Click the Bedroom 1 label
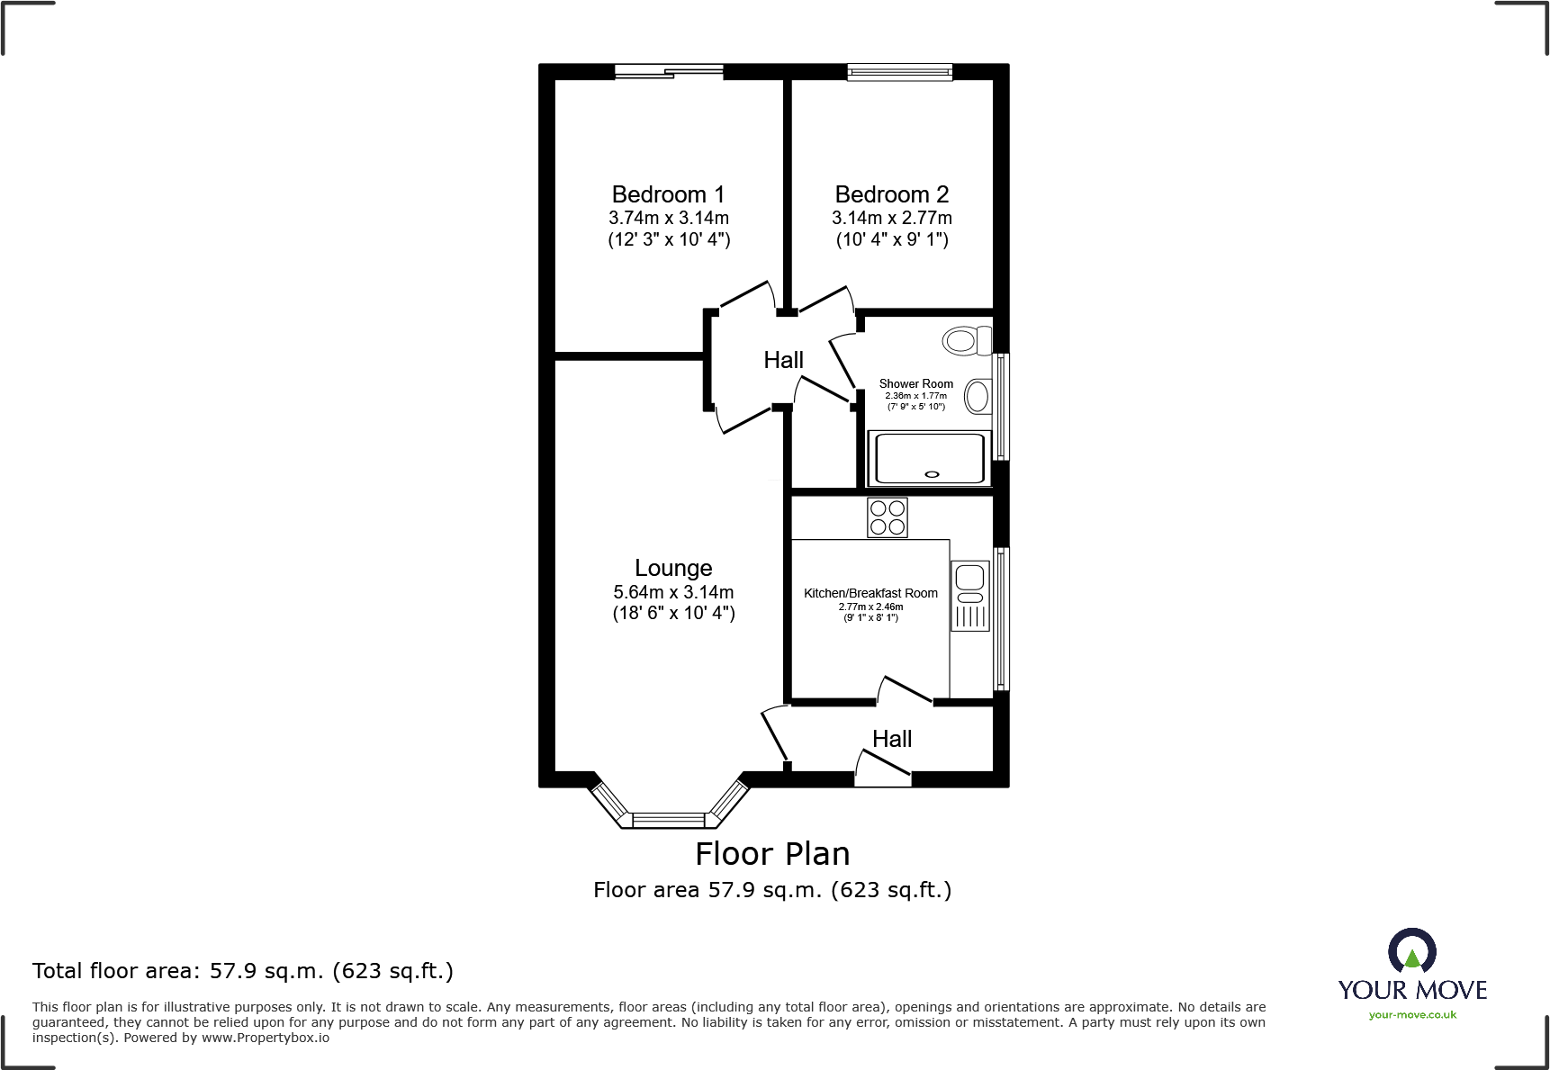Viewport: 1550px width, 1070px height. [x=668, y=194]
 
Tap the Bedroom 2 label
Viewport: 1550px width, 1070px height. [x=891, y=194]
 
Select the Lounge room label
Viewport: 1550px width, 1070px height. [x=673, y=568]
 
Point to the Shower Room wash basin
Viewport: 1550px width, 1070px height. [x=977, y=397]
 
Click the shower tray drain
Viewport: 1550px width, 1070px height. [x=932, y=474]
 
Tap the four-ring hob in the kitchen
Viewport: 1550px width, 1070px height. [x=887, y=517]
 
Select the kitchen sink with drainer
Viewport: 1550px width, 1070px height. [x=969, y=595]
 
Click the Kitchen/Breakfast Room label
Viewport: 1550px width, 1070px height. [x=870, y=593]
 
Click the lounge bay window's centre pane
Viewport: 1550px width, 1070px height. [x=669, y=820]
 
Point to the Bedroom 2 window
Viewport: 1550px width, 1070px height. [x=899, y=73]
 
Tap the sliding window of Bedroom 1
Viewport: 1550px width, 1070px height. [x=669, y=72]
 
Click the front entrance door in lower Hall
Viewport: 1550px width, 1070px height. [x=883, y=765]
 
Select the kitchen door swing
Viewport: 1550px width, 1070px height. [x=904, y=688]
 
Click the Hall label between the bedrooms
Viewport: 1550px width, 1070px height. [x=783, y=360]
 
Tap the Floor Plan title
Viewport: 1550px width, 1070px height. [x=772, y=853]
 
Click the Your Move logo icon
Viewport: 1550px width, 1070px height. [x=1411, y=951]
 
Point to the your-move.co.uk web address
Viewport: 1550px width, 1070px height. [x=1411, y=1015]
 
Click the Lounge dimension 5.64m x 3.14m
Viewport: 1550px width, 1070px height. [x=673, y=592]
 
